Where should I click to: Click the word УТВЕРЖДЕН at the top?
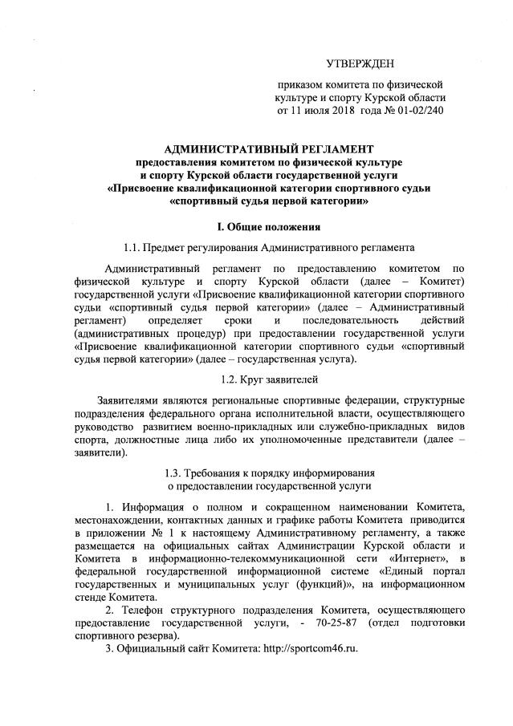pos(360,63)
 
